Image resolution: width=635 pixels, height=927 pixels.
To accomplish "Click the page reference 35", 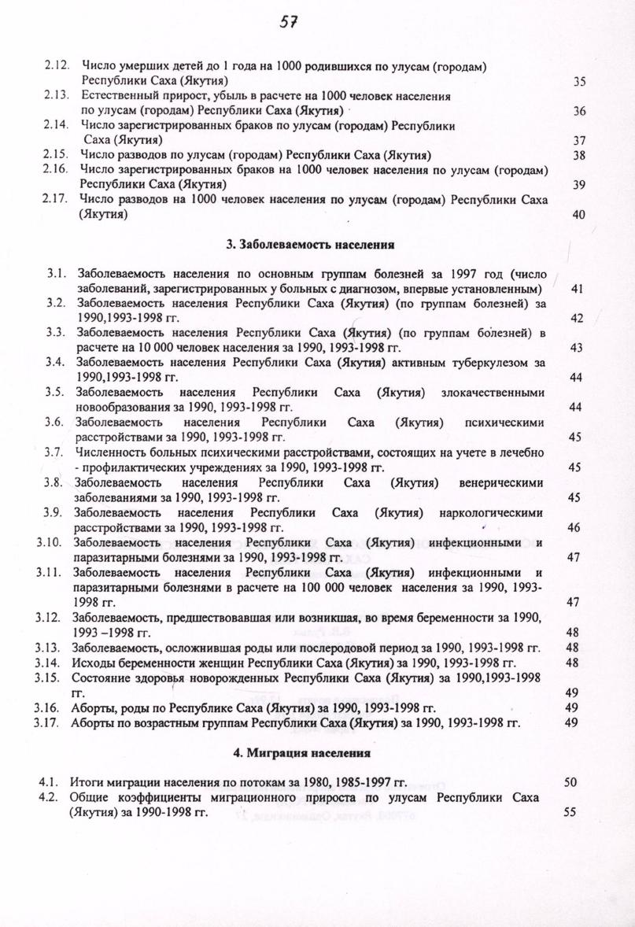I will click(x=579, y=82).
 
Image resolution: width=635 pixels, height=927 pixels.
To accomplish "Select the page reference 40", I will click(x=579, y=215).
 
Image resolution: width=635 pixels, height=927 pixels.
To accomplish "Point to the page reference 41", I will click(x=576, y=290).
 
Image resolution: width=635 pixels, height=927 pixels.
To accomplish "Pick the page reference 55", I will click(x=570, y=812).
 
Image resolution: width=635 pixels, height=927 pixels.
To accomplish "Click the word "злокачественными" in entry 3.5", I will click(x=493, y=393).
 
